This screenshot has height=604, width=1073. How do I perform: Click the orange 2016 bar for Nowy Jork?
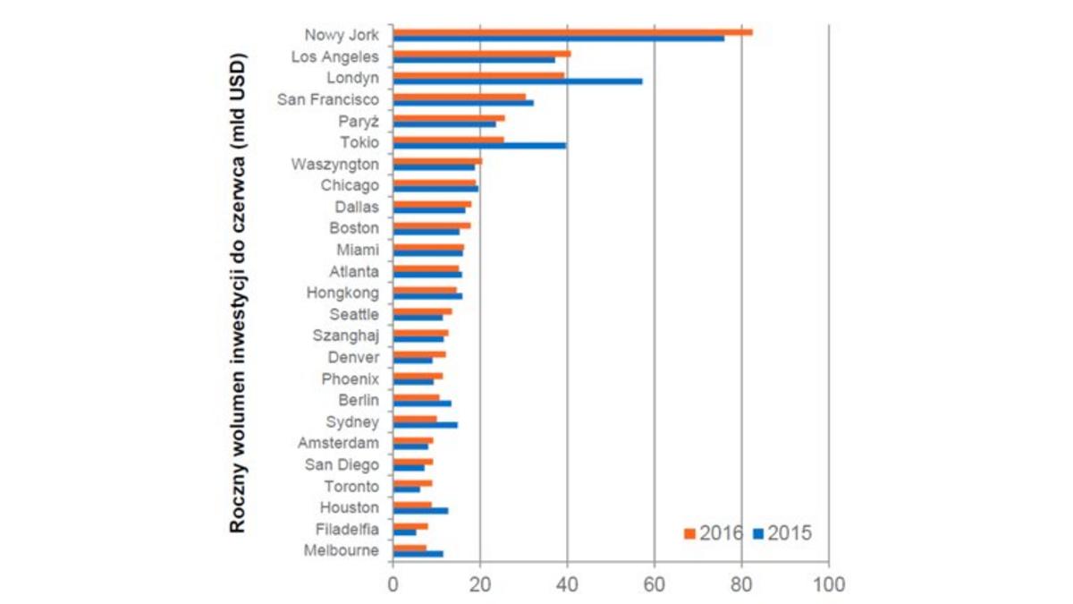tap(572, 32)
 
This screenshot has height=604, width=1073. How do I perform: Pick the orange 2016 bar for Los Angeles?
tap(482, 54)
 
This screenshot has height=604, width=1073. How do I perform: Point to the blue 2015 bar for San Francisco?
tap(463, 103)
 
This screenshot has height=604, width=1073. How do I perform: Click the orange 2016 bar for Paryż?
tap(449, 118)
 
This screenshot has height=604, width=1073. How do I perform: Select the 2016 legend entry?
tap(714, 533)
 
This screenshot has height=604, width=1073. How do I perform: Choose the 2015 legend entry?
tap(782, 533)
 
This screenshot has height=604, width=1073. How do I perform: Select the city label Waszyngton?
tap(335, 165)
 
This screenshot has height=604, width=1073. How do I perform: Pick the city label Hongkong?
tap(342, 293)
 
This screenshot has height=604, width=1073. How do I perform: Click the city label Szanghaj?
tap(346, 336)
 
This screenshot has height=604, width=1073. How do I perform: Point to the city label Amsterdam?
tap(338, 444)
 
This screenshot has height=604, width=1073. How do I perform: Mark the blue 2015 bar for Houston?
tap(420, 511)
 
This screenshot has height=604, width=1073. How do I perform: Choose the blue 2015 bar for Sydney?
tap(425, 425)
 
